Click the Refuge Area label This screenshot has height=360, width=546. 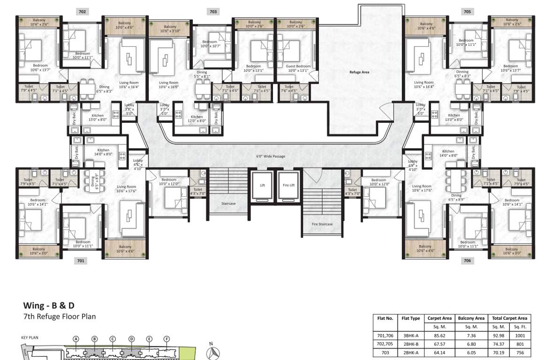tap(360, 72)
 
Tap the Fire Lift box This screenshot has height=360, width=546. tap(288, 186)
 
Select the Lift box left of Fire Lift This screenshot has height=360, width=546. tap(262, 186)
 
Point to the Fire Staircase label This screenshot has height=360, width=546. tap(322, 224)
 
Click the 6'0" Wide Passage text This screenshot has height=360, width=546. tap(271, 156)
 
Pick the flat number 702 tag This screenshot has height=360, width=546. tap(82, 10)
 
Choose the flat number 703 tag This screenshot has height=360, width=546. tap(213, 10)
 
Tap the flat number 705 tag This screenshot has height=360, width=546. tap(467, 10)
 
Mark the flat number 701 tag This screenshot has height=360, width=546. tap(81, 261)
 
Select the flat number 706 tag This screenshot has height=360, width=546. tap(467, 261)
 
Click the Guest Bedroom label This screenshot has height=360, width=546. tap(298, 67)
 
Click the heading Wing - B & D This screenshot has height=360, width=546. tap(49, 306)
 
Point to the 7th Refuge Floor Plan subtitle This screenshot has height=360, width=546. tap(60, 316)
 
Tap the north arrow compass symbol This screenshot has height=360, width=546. tap(214, 352)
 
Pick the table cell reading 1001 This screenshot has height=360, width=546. tap(520, 336)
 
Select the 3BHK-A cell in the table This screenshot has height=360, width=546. tap(411, 336)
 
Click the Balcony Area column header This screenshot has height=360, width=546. tap(471, 318)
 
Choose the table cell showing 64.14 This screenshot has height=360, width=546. tap(440, 352)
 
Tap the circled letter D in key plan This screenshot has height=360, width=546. tap(131, 339)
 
